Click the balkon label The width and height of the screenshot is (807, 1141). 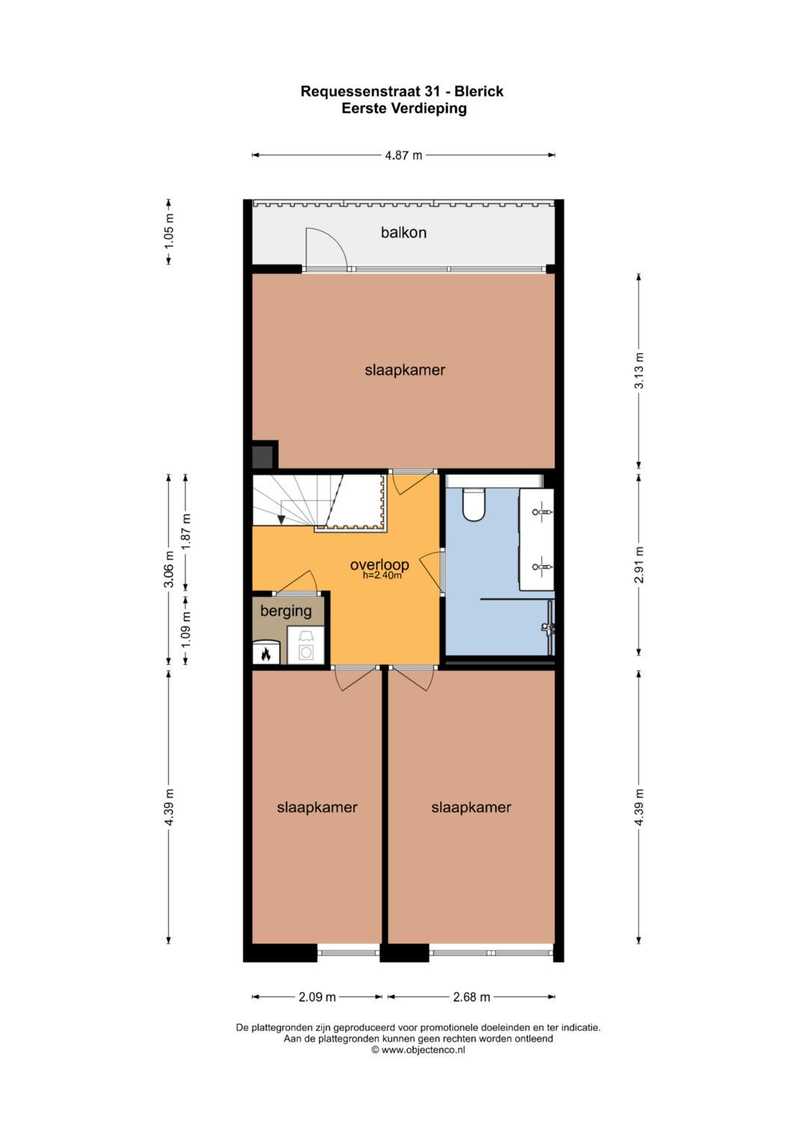(403, 233)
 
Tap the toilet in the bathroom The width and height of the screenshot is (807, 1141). (473, 504)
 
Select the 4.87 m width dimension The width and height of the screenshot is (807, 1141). (403, 155)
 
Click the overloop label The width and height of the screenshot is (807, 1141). (380, 564)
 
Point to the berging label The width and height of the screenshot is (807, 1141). (285, 610)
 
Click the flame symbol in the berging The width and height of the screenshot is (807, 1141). (265, 654)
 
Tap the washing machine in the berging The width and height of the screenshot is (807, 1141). (306, 645)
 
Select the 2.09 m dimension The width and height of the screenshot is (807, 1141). (317, 997)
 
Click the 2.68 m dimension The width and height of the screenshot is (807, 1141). (471, 997)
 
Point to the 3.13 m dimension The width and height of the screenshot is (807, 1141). (639, 371)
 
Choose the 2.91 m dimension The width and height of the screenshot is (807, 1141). (639, 565)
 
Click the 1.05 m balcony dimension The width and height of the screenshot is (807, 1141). (169, 230)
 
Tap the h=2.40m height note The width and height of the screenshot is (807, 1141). (382, 575)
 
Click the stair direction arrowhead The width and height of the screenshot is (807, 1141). (281, 519)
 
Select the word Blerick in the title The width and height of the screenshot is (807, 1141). (479, 92)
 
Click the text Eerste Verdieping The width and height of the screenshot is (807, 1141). (404, 108)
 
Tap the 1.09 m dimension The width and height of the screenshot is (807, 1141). (187, 630)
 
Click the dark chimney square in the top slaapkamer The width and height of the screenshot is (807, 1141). (263, 456)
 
